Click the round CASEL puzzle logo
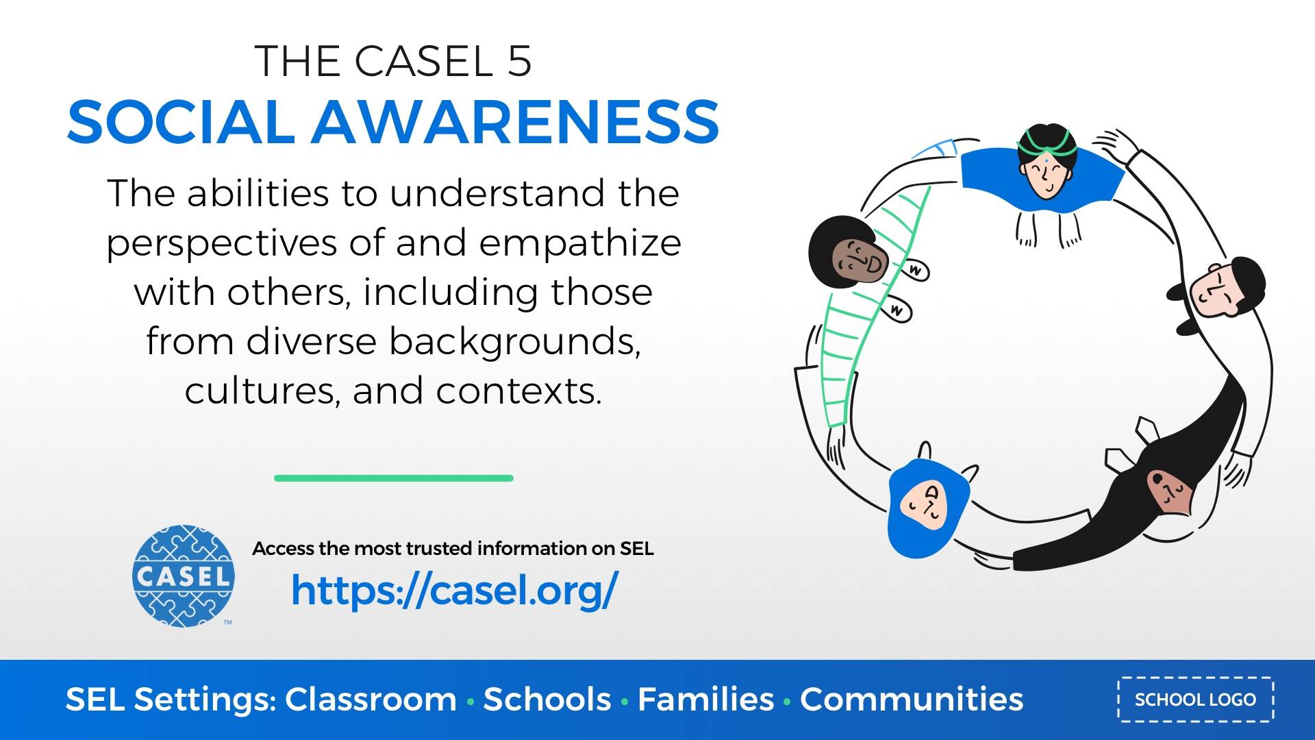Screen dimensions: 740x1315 click(x=183, y=576)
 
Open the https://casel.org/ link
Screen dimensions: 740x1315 click(x=454, y=590)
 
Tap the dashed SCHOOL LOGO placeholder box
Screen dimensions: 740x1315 click(x=1195, y=700)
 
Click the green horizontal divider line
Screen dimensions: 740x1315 click(x=393, y=478)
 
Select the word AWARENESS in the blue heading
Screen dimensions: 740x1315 click(x=516, y=122)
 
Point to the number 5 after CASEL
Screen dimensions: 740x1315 click(x=520, y=61)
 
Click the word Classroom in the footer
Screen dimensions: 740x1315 click(x=371, y=700)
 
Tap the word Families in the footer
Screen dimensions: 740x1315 click(x=705, y=700)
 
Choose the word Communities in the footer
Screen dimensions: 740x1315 click(x=912, y=700)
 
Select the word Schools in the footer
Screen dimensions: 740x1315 click(x=547, y=700)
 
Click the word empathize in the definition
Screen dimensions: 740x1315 click(x=579, y=243)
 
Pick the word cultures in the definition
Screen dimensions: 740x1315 click(x=260, y=391)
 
